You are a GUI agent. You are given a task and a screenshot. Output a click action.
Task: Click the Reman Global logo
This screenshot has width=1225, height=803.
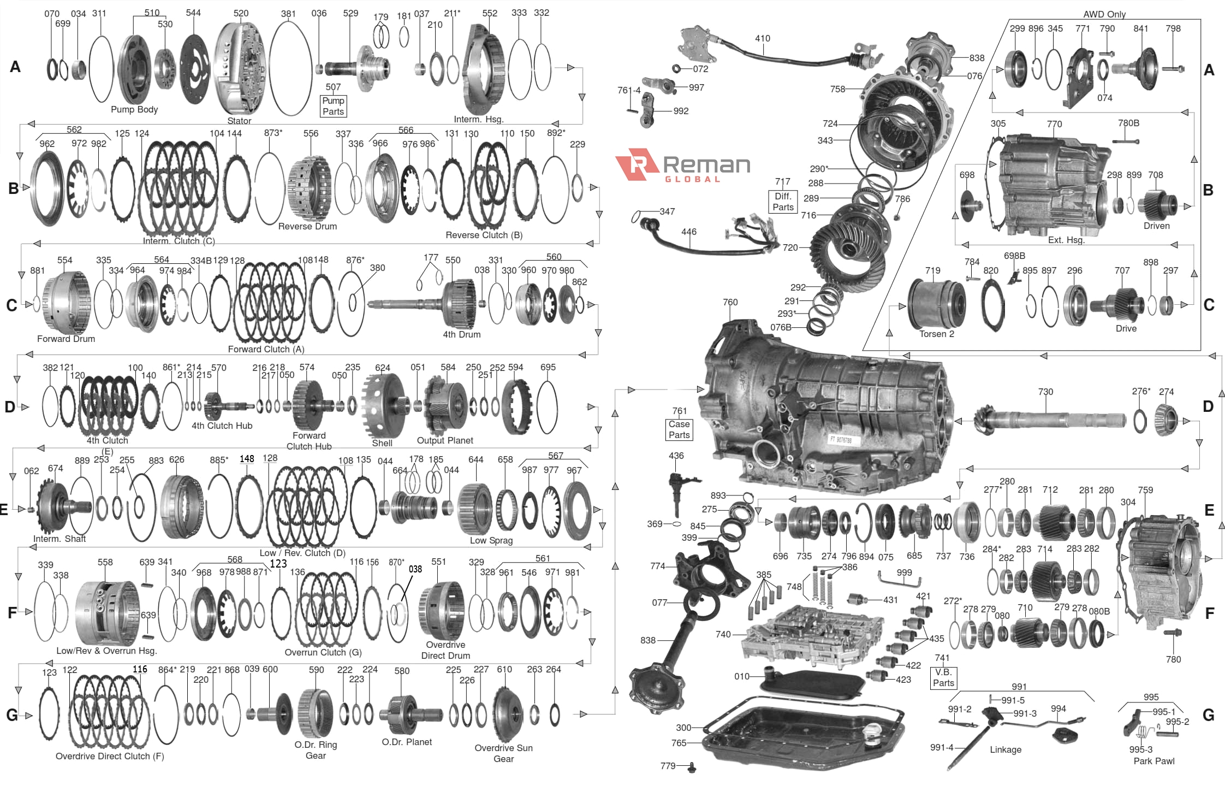point(682,166)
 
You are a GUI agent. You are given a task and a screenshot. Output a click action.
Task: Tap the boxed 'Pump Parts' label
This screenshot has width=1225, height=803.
point(333,106)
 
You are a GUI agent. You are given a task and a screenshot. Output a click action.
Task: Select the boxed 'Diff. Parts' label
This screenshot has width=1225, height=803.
point(783,202)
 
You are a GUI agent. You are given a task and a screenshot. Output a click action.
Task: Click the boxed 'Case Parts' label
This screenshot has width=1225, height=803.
point(679,429)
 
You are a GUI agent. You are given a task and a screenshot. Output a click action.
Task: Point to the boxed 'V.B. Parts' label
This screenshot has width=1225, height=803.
point(943,677)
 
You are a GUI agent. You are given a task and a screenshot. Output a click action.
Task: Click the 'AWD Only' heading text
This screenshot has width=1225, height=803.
point(1104,14)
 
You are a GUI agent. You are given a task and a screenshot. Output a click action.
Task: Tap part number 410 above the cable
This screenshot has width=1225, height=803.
point(763,38)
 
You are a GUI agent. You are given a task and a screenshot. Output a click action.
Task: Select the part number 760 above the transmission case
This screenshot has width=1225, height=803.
point(730,302)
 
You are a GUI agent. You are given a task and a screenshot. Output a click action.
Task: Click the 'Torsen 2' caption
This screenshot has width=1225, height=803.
point(937,334)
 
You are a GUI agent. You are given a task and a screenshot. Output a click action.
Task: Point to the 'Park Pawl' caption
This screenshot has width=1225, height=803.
point(1154,761)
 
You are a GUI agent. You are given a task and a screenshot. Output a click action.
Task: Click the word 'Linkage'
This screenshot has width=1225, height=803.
point(1006,749)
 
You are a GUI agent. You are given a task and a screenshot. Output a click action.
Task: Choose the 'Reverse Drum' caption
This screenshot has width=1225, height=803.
point(307,226)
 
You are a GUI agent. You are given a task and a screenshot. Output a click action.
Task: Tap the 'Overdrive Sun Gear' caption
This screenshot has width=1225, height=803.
point(503,753)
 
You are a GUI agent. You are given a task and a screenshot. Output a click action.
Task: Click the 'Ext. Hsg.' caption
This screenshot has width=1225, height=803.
point(1066,240)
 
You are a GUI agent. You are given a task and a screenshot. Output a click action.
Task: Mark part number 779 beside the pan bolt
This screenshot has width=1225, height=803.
point(668,766)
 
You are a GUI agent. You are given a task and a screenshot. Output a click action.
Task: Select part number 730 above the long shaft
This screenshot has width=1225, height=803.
point(1045,392)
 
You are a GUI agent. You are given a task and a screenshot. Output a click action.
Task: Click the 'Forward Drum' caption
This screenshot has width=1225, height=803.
point(66,339)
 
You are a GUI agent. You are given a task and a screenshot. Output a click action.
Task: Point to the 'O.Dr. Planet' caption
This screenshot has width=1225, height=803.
point(407,742)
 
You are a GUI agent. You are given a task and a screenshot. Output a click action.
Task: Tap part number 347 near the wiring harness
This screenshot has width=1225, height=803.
point(667,211)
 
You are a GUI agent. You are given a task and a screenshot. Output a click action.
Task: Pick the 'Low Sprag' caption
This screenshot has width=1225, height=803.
point(491,540)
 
